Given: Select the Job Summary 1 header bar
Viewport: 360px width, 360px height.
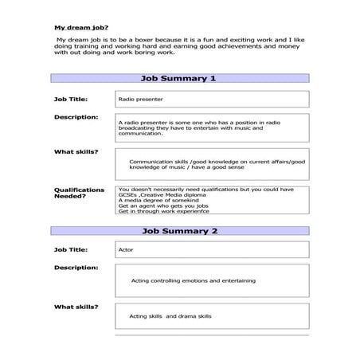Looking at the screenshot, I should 178,79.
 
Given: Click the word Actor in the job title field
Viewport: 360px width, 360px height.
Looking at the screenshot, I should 126,250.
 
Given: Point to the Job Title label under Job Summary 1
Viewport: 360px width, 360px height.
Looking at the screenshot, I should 71,99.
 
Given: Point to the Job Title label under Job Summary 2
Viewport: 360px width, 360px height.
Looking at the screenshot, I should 71,249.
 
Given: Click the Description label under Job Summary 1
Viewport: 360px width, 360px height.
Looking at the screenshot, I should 76,117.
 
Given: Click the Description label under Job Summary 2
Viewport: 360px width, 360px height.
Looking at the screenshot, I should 76,268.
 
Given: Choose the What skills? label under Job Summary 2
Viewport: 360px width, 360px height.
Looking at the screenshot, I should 76,307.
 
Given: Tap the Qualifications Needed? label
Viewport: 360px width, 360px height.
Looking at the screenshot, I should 79,194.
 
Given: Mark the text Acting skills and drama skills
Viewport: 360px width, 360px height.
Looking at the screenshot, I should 170,316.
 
